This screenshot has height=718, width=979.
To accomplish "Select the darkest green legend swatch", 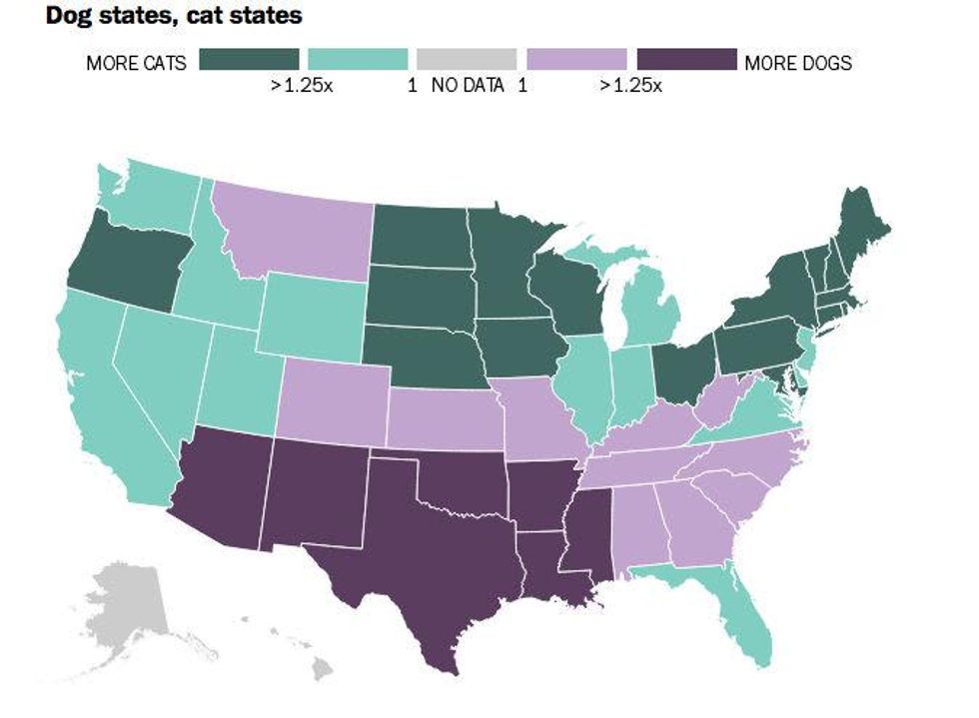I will point(249,59).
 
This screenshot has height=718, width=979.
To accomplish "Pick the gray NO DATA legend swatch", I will point(467,59).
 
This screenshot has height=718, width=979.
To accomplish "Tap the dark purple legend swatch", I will point(685,59).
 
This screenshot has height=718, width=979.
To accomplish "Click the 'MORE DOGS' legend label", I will point(798,63).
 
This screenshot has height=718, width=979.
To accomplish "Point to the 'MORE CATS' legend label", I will point(136,63).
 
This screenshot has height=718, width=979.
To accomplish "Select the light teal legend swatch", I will point(358,59).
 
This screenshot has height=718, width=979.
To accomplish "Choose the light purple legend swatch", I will point(576,59).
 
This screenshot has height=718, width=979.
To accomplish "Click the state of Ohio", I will point(684,369).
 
